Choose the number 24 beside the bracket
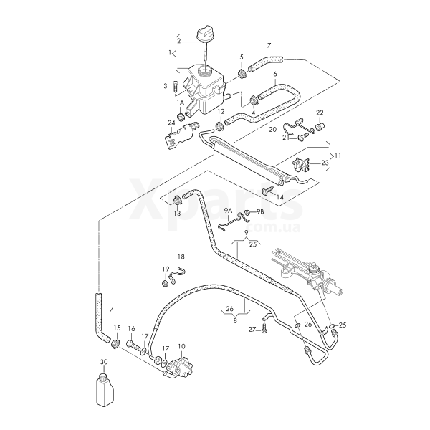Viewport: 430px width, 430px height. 171,123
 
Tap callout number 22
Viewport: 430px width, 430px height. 320,112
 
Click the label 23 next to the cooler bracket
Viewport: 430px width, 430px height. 325,163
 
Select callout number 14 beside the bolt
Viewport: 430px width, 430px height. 280,196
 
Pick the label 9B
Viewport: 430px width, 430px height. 260,212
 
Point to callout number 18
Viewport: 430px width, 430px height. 181,257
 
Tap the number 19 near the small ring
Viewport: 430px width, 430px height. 165,269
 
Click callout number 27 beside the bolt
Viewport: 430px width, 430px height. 252,330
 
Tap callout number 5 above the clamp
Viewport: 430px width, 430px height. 242,57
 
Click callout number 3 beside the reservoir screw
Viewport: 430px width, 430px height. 165,86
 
